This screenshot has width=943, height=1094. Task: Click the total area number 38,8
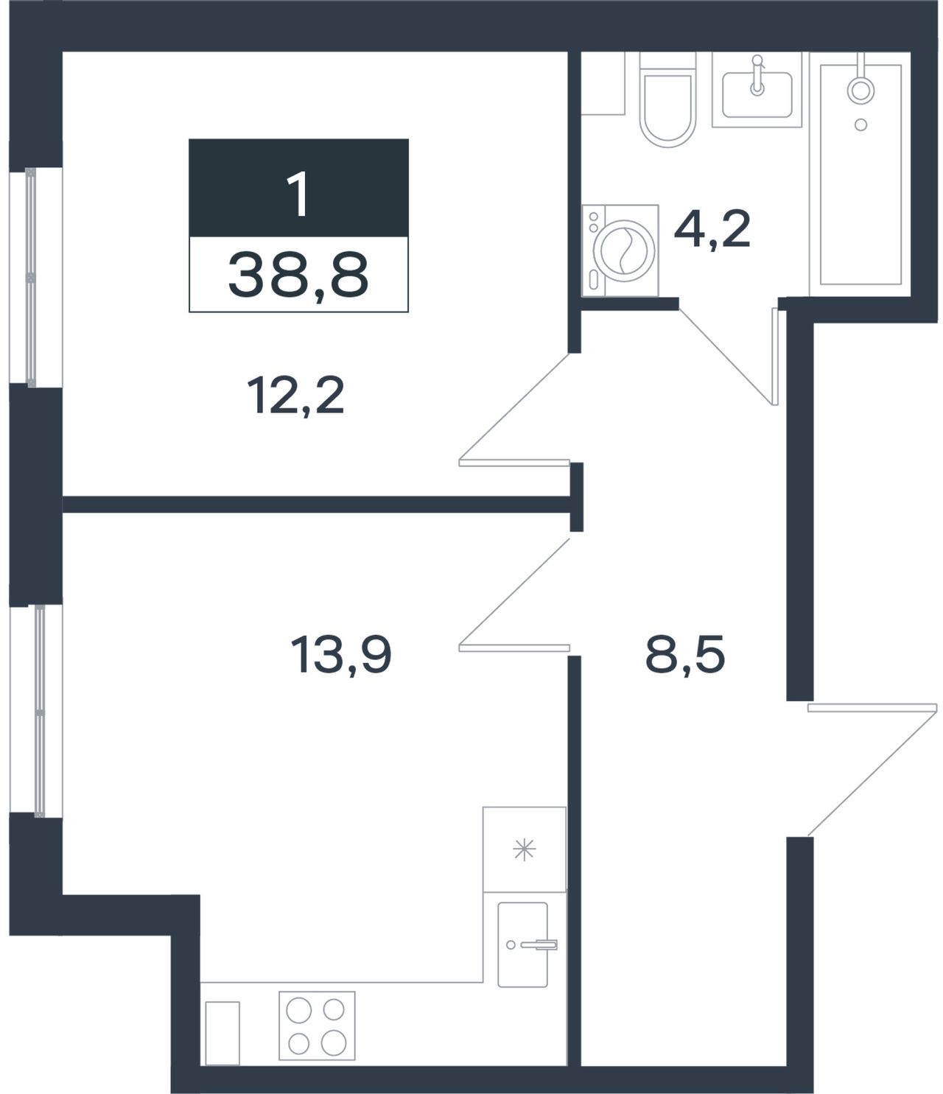coord(298,276)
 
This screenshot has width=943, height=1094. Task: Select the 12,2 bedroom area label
coord(295,396)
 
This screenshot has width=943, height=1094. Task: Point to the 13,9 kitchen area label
coord(341,655)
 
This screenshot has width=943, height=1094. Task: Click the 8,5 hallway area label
coord(684,655)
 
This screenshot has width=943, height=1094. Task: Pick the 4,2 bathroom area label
coord(712,228)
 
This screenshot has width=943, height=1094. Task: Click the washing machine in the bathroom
coord(620,250)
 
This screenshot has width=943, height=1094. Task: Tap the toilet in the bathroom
coord(667,100)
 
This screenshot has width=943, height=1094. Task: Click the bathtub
coord(860,174)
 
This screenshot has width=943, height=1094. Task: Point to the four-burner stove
coord(317,1025)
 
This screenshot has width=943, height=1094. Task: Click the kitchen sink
coord(523,944)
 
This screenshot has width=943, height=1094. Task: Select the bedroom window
coord(31,277)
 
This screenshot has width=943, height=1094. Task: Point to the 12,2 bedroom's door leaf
coord(513,463)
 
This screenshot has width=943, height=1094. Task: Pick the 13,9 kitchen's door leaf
coord(513,648)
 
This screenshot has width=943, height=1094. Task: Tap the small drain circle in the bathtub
coord(861,125)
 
